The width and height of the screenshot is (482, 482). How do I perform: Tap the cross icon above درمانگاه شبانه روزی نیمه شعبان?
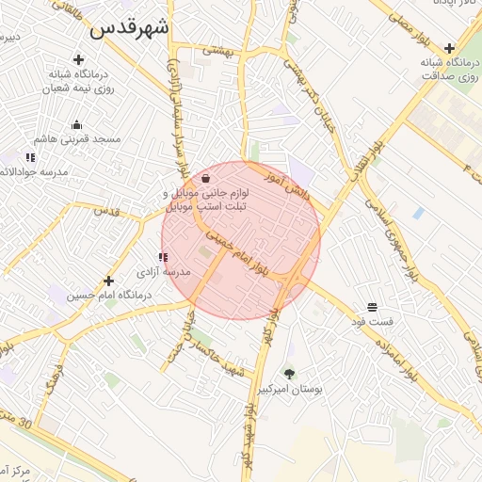78,59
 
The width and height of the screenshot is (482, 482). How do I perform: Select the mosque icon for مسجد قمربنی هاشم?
77,124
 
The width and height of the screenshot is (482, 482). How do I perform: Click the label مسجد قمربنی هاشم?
88,138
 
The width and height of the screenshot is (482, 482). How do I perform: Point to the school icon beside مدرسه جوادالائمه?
30,157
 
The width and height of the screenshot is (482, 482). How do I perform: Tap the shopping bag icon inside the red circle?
206,178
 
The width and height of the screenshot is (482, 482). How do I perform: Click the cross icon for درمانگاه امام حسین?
109,281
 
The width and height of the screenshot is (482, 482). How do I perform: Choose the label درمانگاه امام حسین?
96,295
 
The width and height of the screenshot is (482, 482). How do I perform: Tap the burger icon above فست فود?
372,308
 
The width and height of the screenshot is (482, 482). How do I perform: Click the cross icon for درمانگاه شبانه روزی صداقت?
450,49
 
